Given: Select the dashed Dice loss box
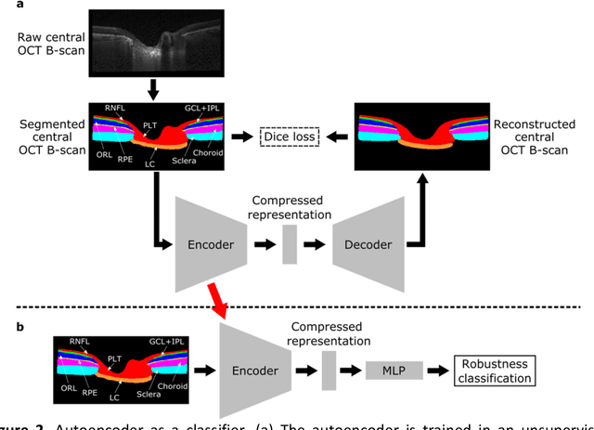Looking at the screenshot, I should (289, 137).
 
